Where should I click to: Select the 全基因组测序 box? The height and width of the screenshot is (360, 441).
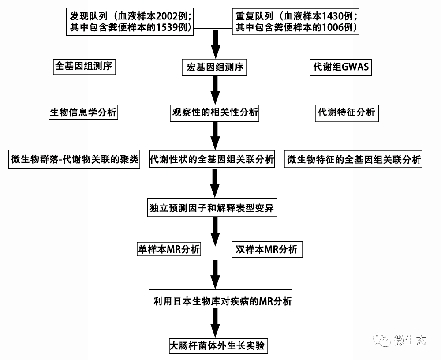click(84, 67)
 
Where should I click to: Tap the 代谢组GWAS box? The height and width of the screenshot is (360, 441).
click(340, 67)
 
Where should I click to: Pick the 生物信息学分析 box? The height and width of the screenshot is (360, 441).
click(83, 112)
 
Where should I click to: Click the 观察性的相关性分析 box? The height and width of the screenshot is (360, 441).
click(215, 112)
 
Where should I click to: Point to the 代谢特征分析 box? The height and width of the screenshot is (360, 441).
click(347, 112)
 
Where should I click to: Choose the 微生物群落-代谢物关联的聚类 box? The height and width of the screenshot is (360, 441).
click(74, 160)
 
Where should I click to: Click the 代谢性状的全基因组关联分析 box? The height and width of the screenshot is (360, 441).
click(212, 159)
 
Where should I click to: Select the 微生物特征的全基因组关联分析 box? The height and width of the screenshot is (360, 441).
click(354, 160)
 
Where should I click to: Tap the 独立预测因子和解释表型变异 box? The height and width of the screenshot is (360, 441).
click(213, 208)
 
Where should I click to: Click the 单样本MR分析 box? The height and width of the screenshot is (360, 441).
click(168, 249)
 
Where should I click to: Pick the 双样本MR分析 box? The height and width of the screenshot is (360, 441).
click(267, 250)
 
